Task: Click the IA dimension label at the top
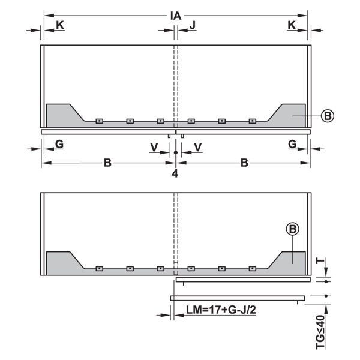click(x=176, y=16)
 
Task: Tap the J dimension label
click(x=193, y=25)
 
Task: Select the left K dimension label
click(x=60, y=25)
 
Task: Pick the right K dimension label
click(x=292, y=25)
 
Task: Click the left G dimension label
click(x=59, y=144)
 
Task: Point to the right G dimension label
click(x=292, y=144)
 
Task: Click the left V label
click(x=154, y=148)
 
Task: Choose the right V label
click(x=198, y=148)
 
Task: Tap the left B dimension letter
click(x=107, y=163)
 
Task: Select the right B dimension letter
click(x=244, y=163)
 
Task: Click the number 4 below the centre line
click(x=175, y=174)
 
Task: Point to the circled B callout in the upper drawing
click(x=328, y=116)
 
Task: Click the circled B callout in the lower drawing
click(x=293, y=229)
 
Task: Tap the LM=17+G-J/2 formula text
click(x=221, y=310)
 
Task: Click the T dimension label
click(x=320, y=260)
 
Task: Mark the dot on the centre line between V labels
click(x=176, y=152)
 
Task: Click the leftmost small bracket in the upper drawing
click(x=100, y=121)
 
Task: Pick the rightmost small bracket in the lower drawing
click(x=253, y=268)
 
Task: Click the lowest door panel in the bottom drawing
click(x=238, y=298)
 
